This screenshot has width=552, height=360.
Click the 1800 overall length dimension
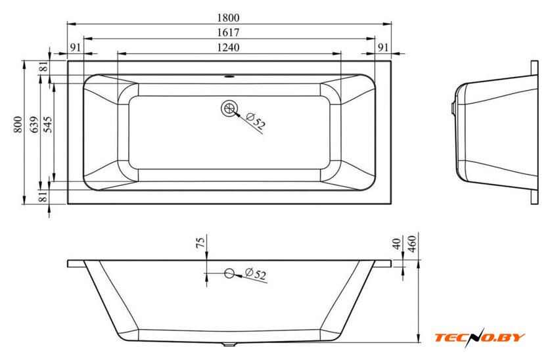[228, 18]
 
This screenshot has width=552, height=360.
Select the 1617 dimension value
[228, 32]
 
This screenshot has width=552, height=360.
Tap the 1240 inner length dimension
[228, 47]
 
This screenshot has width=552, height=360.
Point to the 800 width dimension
[18, 125]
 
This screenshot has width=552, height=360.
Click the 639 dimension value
[34, 125]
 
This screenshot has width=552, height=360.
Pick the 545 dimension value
[47, 125]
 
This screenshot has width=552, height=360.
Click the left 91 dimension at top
[76, 47]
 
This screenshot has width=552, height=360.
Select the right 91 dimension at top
[383, 47]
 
